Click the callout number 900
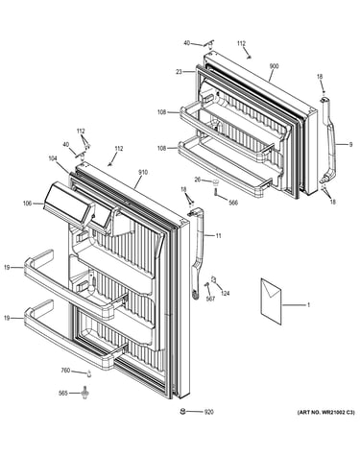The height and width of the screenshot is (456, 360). pos(274,66)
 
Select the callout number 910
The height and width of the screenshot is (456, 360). pos(143,173)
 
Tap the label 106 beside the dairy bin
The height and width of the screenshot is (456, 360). pos(28,203)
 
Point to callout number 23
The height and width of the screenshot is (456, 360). pos(179,72)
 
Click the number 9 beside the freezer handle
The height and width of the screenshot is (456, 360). pos(350,145)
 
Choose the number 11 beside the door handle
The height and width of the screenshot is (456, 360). pos(218,236)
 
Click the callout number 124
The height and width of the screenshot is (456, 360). pos(226,293)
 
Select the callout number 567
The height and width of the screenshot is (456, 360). pos(210,299)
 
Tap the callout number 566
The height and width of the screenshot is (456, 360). pos(233,203)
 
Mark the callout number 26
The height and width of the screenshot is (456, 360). pos(198,180)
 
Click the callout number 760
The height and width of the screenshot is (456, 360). pos(65,371)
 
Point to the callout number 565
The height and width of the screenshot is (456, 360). pos(63,393)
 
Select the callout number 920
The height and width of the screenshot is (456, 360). pos(209,412)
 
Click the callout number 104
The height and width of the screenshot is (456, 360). pos(53,157)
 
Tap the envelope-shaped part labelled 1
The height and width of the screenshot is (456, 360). pos(272,301)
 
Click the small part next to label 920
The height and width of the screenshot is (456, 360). pos(183,411)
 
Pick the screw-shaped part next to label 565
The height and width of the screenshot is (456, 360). pos(85,393)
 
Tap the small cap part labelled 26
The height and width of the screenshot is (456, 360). pos(216,183)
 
